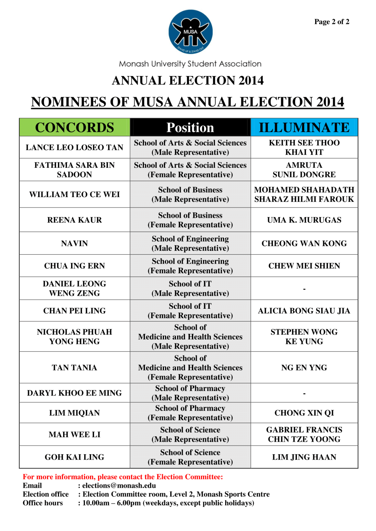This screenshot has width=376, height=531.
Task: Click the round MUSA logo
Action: coord(190,32)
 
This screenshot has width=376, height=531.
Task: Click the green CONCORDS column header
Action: coord(74,127)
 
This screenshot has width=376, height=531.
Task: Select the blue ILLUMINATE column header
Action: coord(304,127)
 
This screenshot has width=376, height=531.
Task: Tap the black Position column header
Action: coord(190,127)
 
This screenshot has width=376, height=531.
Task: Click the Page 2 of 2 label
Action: coord(332,22)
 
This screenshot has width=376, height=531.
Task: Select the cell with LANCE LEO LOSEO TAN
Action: coord(74,147)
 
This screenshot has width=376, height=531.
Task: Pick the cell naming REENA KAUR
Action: coord(74,220)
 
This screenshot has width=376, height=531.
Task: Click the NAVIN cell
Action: coord(74,244)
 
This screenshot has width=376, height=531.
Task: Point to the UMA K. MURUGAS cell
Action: coord(304,220)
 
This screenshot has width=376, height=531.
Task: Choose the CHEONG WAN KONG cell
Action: coord(304,244)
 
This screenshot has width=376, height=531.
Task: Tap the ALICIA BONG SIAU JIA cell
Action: coord(304,311)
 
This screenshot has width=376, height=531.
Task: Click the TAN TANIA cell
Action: coord(74,368)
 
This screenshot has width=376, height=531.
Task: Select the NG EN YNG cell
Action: coord(304,368)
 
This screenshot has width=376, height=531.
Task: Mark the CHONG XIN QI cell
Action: coord(304,413)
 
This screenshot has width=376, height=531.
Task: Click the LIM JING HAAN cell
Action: coord(304,457)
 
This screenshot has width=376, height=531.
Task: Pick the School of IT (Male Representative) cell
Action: coord(190,288)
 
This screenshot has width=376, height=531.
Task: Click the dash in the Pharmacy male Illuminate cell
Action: coord(304,393)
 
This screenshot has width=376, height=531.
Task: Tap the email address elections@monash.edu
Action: coord(119,485)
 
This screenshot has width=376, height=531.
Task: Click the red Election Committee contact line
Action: coord(123,477)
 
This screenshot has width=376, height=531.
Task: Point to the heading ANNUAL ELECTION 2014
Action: coord(188,80)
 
